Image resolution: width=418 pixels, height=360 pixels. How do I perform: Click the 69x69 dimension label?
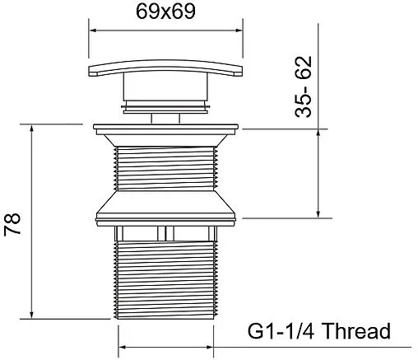(x=165, y=12)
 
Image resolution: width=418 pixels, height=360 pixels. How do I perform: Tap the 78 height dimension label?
(x=12, y=224)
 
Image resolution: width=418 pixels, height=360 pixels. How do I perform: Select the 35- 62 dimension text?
(x=304, y=86)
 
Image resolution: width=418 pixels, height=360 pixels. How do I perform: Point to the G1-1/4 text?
(x=281, y=330)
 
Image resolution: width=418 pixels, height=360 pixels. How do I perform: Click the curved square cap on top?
(x=165, y=68)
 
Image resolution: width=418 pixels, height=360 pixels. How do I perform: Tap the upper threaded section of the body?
(x=165, y=168)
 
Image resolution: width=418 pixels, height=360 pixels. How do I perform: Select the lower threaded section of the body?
(x=165, y=279)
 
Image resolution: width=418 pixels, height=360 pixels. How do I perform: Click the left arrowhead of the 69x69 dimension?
(x=93, y=30)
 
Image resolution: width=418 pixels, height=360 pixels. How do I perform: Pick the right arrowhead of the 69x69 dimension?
(x=239, y=30)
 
